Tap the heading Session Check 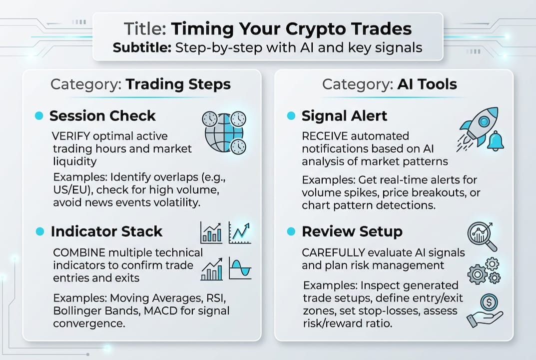(102, 115)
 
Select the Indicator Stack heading (106, 231)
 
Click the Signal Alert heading (344, 115)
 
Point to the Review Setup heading (352, 231)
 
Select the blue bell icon (496, 141)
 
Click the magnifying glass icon (482, 236)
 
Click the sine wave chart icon (240, 268)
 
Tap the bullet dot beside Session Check (39, 115)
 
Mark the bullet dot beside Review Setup (291, 231)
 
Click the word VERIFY (71, 136)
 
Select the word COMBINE (79, 252)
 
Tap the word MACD (161, 310)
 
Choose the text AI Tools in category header (427, 84)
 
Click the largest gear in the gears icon (477, 274)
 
